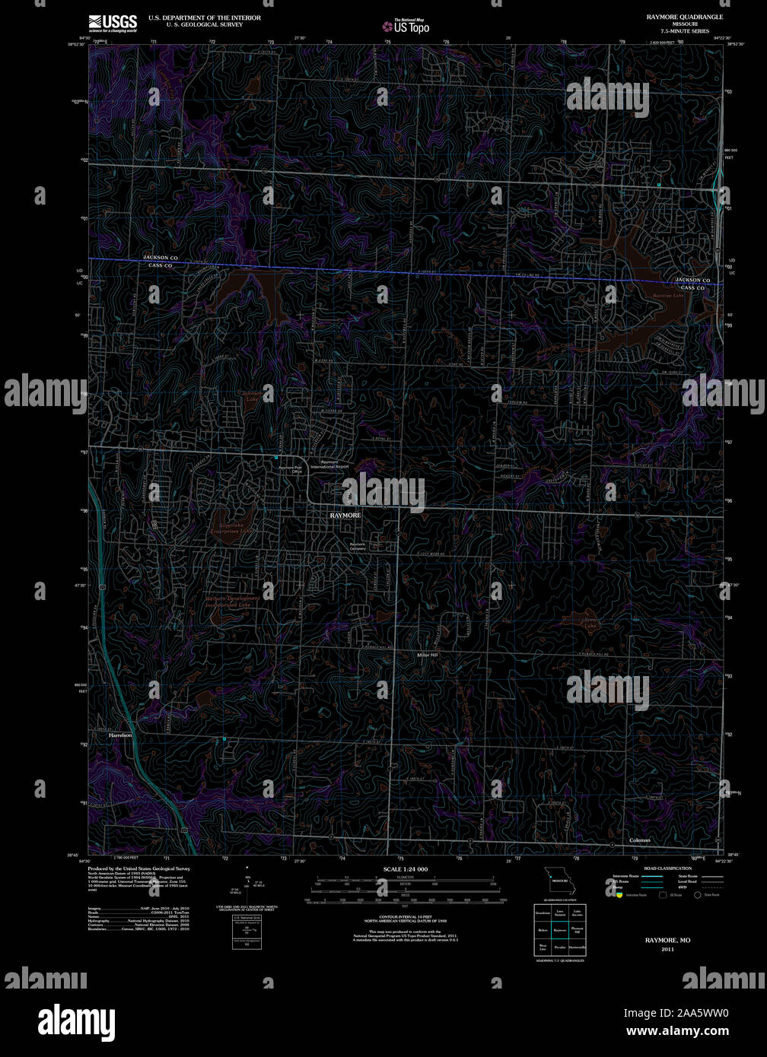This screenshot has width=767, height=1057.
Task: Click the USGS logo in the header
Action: point(113,22)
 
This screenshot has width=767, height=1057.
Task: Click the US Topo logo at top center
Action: point(406,26)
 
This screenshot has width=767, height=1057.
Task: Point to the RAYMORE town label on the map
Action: point(345,515)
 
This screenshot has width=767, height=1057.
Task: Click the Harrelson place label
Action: point(120,735)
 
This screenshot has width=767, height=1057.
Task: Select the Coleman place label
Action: point(640,840)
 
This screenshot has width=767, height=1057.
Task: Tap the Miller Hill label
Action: point(428,655)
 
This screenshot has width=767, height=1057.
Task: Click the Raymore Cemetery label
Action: point(358,546)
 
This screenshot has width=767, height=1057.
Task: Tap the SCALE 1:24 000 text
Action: point(406,868)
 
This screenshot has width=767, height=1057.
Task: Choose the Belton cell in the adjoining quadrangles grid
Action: point(543,929)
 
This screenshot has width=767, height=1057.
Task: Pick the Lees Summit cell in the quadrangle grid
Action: point(560,912)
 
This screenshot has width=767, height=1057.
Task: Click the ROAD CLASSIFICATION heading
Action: point(667,868)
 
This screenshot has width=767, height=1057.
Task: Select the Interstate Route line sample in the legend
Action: point(652,876)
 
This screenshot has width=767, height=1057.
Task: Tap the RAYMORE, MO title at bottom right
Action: point(667,941)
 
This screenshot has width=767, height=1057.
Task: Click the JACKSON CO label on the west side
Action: point(161,258)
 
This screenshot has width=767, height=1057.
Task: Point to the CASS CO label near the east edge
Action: point(692,288)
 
